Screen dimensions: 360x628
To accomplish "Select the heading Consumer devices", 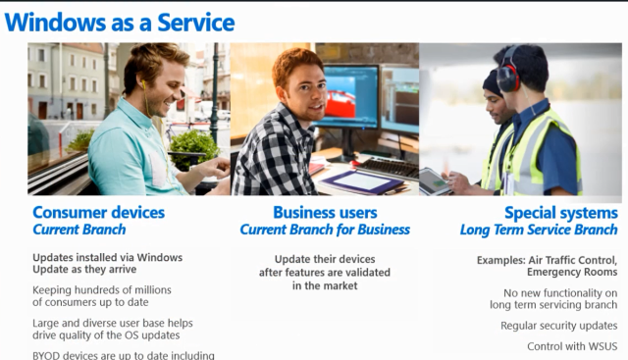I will [x=98, y=212].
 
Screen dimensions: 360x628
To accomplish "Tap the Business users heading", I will [x=325, y=212].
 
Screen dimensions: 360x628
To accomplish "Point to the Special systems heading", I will [x=560, y=212].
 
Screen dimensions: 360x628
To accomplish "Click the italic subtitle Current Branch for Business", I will [x=325, y=230].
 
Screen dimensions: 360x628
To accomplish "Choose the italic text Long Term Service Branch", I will [x=539, y=230].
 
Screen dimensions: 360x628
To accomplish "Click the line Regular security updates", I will [x=558, y=326].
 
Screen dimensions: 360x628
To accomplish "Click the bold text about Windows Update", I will [x=107, y=264].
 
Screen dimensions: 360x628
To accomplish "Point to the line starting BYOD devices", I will [x=123, y=355].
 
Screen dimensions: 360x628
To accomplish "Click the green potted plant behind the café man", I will [x=194, y=147].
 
